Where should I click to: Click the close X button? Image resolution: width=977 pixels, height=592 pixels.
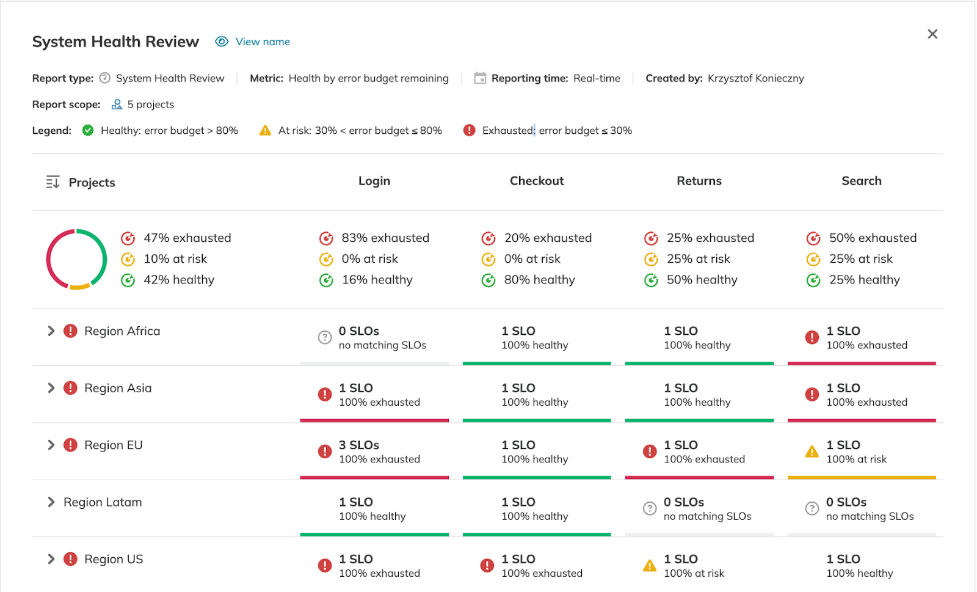pyautogui.click(x=932, y=34)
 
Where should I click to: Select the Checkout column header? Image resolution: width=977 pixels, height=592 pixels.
pyautogui.click(x=537, y=181)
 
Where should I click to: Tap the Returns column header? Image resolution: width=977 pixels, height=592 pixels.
pyautogui.click(x=699, y=181)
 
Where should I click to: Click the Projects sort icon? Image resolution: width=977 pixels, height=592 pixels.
pyautogui.click(x=53, y=182)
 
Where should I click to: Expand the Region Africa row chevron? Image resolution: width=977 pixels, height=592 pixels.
pyautogui.click(x=51, y=331)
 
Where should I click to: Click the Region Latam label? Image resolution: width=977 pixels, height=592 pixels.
pyautogui.click(x=103, y=502)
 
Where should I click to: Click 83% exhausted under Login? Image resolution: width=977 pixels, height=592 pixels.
pyautogui.click(x=385, y=238)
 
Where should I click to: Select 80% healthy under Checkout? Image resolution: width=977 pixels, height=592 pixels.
pyautogui.click(x=539, y=280)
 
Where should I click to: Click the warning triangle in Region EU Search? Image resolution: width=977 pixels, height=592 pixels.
pyautogui.click(x=812, y=452)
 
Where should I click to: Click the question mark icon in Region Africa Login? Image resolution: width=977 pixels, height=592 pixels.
pyautogui.click(x=325, y=337)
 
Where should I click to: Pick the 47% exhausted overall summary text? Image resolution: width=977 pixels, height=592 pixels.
pyautogui.click(x=187, y=238)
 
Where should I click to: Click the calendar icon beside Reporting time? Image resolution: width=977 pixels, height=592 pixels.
pyautogui.click(x=480, y=78)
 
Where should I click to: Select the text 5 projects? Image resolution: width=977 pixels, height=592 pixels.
pyautogui.click(x=150, y=104)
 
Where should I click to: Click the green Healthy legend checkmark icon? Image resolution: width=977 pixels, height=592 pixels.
pyautogui.click(x=88, y=130)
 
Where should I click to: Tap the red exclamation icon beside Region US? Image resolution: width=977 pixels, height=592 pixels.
pyautogui.click(x=71, y=559)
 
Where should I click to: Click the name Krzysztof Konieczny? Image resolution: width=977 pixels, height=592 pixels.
pyautogui.click(x=755, y=78)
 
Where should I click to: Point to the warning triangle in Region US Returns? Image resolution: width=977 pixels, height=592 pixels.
pyautogui.click(x=650, y=566)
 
